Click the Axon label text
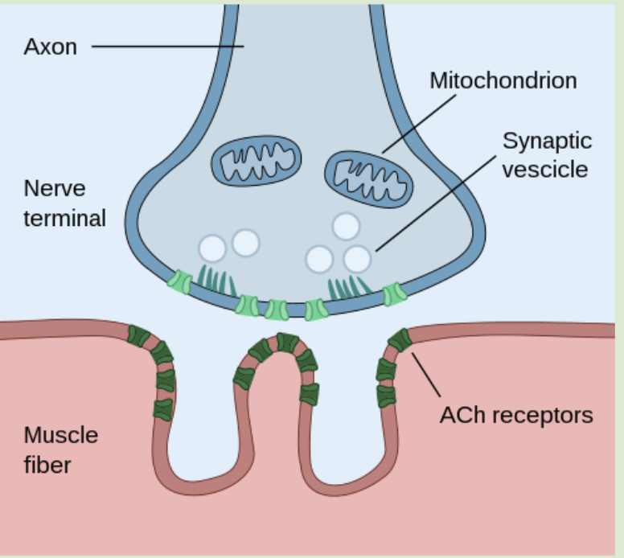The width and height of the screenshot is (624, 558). coord(50,47)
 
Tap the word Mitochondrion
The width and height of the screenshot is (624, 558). coord(503,80)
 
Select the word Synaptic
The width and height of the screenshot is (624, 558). coord(547,141)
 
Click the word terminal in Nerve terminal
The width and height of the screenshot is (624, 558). coord(64,218)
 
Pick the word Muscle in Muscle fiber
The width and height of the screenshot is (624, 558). coord(60,435)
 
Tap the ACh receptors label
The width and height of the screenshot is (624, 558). coord(515,415)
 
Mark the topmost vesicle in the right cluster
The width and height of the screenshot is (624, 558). coord(346,227)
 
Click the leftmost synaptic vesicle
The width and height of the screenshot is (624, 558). coord(212,248)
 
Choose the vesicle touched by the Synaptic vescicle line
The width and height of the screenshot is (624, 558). coord(358,259)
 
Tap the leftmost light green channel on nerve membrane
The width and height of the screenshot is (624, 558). coord(179,281)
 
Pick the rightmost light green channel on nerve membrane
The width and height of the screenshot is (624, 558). coord(394,294)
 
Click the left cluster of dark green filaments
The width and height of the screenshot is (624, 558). coord(216,280)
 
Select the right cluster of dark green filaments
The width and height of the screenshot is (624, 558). coord(348,285)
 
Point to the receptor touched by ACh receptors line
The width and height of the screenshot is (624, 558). coord(400,340)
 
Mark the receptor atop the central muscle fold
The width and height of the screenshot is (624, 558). coord(287,343)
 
